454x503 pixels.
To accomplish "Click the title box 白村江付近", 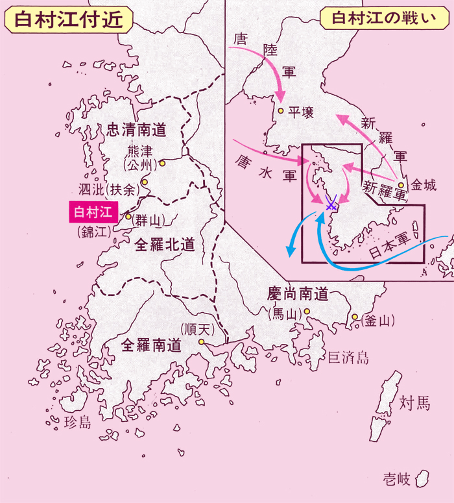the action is click(x=68, y=19).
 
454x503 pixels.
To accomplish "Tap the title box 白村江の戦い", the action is click(x=383, y=18).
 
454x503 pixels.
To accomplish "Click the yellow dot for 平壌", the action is click(x=280, y=111).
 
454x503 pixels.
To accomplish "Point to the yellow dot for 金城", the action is click(x=402, y=185).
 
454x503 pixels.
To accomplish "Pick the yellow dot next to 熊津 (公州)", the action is click(x=162, y=164).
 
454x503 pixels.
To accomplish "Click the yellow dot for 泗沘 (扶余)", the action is click(x=145, y=182).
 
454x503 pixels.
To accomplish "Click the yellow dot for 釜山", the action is click(x=355, y=317).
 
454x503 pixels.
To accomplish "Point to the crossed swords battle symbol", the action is click(x=331, y=205).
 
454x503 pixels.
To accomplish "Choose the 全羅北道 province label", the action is click(x=165, y=244).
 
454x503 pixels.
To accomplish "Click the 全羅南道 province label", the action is click(x=151, y=345).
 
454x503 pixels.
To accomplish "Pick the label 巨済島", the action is click(x=348, y=357).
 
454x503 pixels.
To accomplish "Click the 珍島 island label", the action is click(x=79, y=423).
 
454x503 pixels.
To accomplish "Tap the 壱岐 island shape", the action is click(x=423, y=479).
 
